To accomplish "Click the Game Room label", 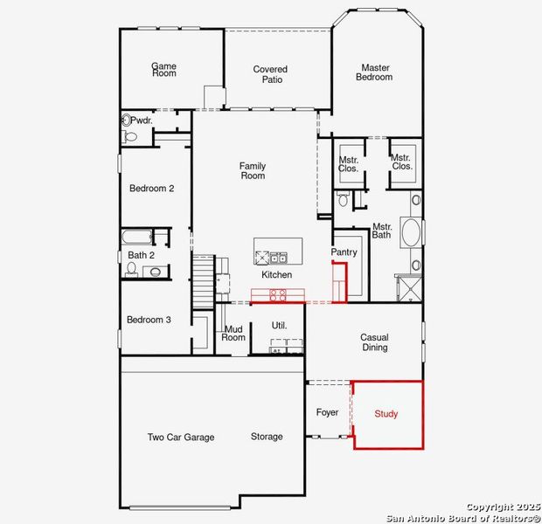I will point(163,69).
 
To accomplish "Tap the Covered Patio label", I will point(270,74).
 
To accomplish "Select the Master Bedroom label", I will point(373,72).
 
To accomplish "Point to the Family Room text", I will point(253,171).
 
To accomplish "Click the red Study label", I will point(386,414).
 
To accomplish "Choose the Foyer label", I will point(327,412).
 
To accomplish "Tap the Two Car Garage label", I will point(181,437).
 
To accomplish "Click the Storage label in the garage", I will point(267,437).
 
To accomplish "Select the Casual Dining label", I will point(374,341).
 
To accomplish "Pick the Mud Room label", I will point(233,334).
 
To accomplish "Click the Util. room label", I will point(279,326).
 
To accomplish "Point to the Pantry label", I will point(344,252).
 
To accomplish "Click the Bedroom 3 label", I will point(149,320).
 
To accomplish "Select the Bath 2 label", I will point(141,255).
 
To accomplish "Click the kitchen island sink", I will point(279,258).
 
